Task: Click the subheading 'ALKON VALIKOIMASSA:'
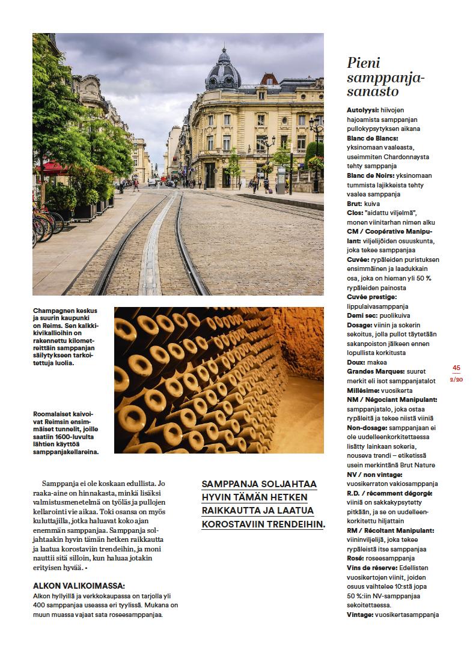[x=79, y=586]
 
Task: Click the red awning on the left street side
[x=49, y=167]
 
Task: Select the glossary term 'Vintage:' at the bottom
[x=360, y=614]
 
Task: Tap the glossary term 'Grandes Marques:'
[x=375, y=371]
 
